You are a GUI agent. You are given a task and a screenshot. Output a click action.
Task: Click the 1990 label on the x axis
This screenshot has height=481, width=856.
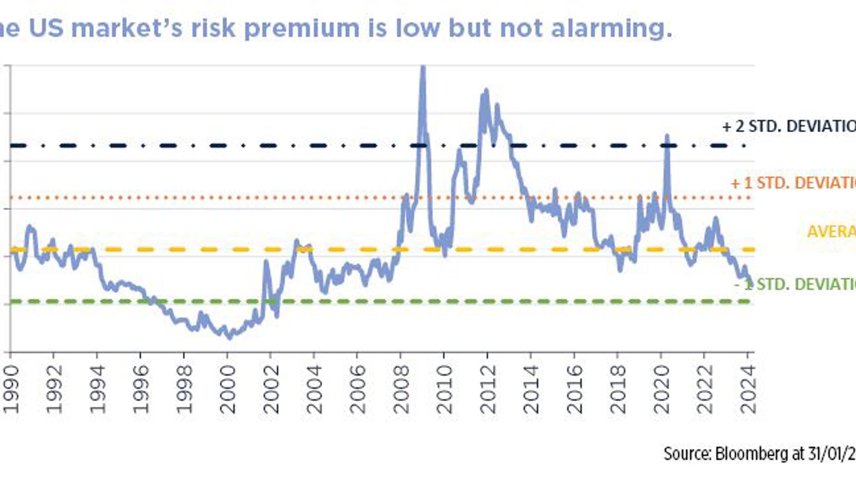pos(11,389)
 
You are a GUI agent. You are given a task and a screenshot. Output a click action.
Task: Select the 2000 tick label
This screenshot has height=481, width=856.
pos(228,389)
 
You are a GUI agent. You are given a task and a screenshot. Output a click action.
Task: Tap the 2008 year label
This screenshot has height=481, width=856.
pos(401,389)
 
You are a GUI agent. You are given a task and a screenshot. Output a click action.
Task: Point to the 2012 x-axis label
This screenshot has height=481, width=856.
pos(488,389)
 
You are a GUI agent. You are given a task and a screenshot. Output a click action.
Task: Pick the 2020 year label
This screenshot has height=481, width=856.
pos(662,389)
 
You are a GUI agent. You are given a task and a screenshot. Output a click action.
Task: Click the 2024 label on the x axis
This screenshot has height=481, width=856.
pos(748,389)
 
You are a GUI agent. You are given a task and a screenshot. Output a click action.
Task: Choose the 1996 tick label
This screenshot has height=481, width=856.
pos(141,389)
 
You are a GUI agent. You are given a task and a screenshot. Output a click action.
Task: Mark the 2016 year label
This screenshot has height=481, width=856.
pos(575,389)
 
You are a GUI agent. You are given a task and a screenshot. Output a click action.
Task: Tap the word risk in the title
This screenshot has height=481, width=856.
pos(213,29)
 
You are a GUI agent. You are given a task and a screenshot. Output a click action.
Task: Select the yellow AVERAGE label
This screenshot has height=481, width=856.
pos(831,232)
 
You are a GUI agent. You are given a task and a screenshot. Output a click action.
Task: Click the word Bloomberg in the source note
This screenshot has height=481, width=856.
pos(752,454)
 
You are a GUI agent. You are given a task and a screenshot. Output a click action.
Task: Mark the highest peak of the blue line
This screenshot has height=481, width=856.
pos(423,68)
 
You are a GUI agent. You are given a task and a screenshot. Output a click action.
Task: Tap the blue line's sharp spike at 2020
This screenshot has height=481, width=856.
pos(667,136)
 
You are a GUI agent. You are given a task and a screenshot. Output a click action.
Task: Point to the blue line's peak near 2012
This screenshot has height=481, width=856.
pos(486,91)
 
